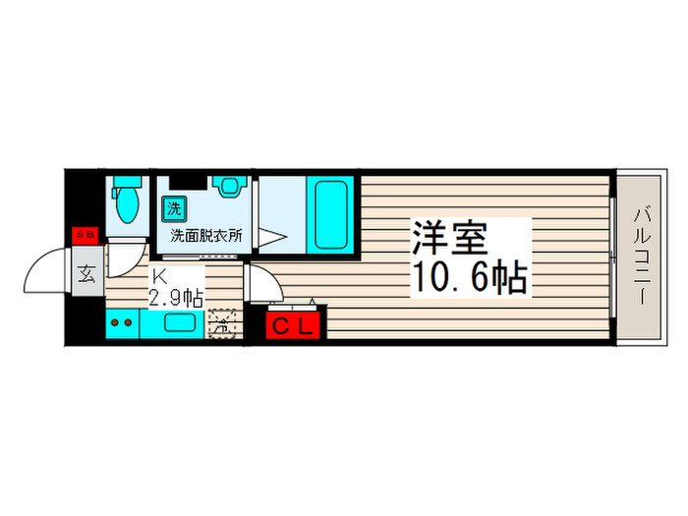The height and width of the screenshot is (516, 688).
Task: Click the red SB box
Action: click(x=85, y=235)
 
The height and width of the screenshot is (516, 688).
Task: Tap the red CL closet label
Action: click(x=291, y=324)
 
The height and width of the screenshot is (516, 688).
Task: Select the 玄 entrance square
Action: click(x=86, y=273)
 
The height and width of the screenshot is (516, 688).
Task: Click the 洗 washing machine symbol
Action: click(x=173, y=208)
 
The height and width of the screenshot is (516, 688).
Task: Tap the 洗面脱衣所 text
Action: click(x=206, y=236)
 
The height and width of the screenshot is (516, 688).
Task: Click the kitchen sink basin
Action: click(x=181, y=323)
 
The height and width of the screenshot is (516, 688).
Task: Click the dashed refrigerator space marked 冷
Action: click(x=223, y=320)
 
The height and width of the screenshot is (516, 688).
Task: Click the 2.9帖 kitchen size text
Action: click(x=177, y=298)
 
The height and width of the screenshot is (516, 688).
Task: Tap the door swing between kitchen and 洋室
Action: click(x=260, y=283)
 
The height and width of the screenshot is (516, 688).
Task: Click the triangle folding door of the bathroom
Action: click(x=270, y=236)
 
